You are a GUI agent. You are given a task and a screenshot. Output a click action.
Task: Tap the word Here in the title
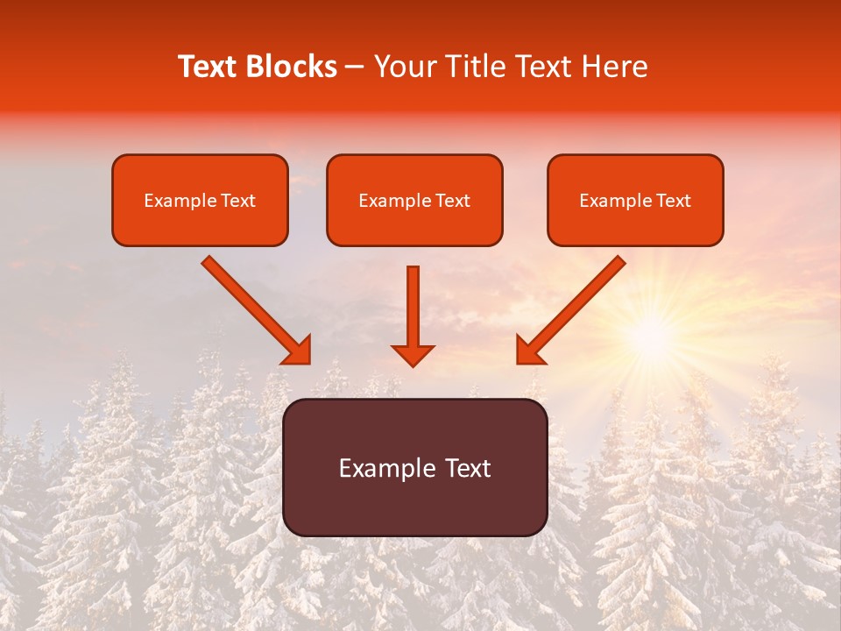coord(613,67)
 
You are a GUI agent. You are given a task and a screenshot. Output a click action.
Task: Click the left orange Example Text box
coord(200,200)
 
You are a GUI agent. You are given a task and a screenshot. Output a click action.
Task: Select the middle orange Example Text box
coord(414,200)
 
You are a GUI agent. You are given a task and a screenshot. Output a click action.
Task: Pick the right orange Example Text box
coord(635,200)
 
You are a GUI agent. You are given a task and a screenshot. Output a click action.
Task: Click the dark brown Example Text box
coord(414,467)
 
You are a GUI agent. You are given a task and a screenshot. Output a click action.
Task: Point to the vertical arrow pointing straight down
coord(413,307)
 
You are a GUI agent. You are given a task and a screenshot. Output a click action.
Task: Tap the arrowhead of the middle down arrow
coord(413,354)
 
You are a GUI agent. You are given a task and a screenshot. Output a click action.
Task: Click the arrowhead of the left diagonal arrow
coord(298,351)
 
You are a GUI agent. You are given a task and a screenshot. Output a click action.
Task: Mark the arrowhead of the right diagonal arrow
coord(529,351)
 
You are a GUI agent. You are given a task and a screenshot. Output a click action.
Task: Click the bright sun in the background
coord(651,332)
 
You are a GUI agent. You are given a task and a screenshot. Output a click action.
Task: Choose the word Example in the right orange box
coord(611,200)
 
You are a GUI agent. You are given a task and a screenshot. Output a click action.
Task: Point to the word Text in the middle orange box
coord(450,200)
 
